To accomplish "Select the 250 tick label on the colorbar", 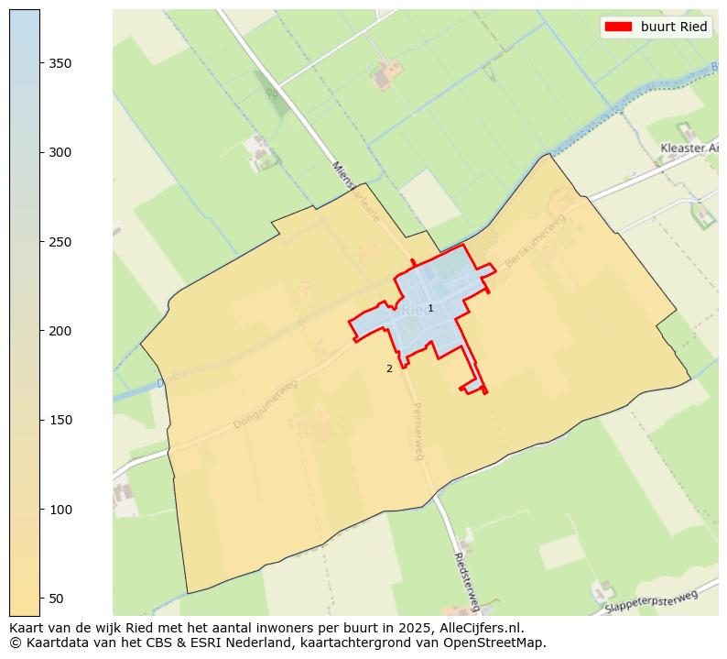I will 60,242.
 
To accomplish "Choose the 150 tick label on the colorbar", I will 60,420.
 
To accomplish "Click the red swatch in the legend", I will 618,27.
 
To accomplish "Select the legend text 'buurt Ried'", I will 674,27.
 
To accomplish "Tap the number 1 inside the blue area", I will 430,309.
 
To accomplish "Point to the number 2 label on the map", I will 389,368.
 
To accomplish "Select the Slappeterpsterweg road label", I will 651,601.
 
